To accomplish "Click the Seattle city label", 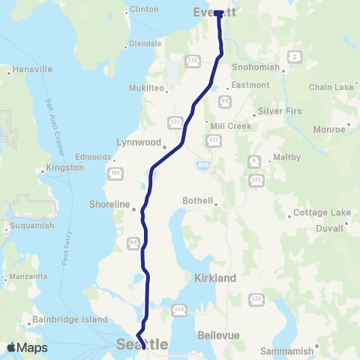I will coord(142,344).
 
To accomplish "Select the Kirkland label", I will coord(216,278).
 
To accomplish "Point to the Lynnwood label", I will coord(139,141).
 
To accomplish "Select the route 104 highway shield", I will coord(115,173).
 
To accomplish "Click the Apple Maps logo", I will coord(27,347).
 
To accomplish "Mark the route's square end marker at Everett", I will coord(217,13).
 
